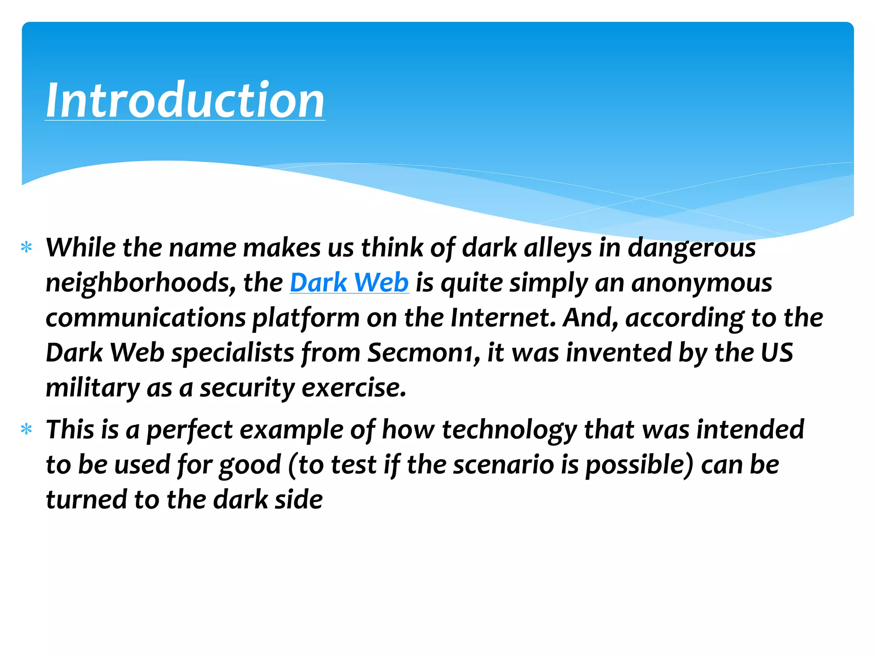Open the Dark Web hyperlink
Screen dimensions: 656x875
tap(349, 283)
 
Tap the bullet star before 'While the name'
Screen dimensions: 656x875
tap(26, 247)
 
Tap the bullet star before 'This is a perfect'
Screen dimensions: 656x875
tap(26, 429)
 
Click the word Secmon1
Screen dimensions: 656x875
tap(421, 353)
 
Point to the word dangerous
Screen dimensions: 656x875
tap(691, 248)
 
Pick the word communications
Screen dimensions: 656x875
tap(146, 318)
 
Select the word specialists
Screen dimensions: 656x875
tap(232, 353)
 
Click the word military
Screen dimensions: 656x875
tap(93, 388)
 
